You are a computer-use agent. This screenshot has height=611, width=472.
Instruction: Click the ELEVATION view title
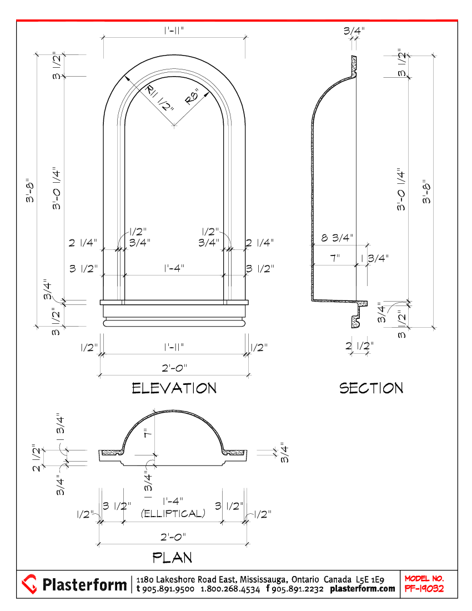174,388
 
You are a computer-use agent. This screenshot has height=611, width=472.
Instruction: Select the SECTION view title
371,388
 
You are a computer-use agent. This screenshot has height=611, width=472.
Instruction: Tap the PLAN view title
172,558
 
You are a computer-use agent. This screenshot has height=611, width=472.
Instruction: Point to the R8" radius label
192,97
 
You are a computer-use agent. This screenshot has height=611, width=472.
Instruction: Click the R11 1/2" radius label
159,98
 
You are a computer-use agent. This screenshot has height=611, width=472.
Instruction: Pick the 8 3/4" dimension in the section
337,237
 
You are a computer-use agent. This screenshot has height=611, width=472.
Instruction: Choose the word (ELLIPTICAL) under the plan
173,514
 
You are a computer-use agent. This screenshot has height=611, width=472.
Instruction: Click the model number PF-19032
424,588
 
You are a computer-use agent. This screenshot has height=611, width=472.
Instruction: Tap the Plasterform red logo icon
29,584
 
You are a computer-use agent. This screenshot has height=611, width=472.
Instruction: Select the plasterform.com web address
363,589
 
